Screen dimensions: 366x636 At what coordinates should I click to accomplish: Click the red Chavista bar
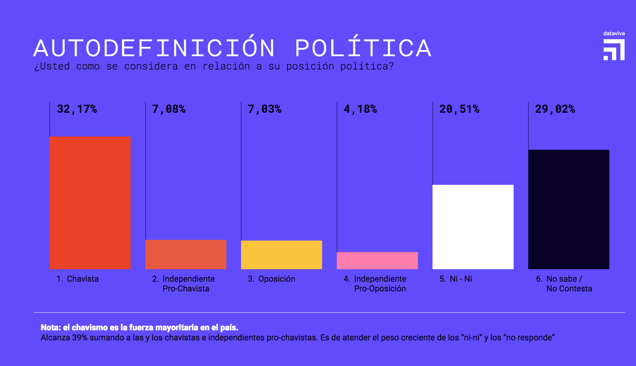tap(90, 203)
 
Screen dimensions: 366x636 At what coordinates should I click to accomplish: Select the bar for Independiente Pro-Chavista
tap(186, 254)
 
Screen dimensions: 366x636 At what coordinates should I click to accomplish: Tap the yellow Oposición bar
tap(281, 255)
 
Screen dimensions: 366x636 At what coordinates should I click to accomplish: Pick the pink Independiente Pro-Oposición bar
tap(377, 260)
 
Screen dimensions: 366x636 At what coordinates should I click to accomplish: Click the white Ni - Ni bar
tap(473, 227)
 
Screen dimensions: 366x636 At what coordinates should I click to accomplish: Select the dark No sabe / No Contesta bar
tap(568, 209)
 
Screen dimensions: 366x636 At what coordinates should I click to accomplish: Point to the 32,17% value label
tap(77, 109)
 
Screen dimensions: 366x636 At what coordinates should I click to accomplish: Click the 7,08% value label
tap(169, 109)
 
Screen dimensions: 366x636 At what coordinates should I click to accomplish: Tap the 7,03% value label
tap(264, 109)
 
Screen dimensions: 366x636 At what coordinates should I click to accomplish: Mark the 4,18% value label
tap(360, 109)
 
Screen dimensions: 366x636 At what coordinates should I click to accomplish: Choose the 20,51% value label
tap(459, 109)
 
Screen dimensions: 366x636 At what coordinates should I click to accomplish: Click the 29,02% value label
tap(555, 109)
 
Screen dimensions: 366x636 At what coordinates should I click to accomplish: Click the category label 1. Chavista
tap(78, 279)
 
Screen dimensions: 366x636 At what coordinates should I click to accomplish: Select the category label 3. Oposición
tap(272, 279)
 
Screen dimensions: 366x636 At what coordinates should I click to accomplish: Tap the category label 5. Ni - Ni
tap(456, 279)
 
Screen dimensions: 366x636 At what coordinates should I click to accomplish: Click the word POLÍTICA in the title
tap(363, 48)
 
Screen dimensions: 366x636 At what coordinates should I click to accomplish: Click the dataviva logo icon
tap(614, 50)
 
